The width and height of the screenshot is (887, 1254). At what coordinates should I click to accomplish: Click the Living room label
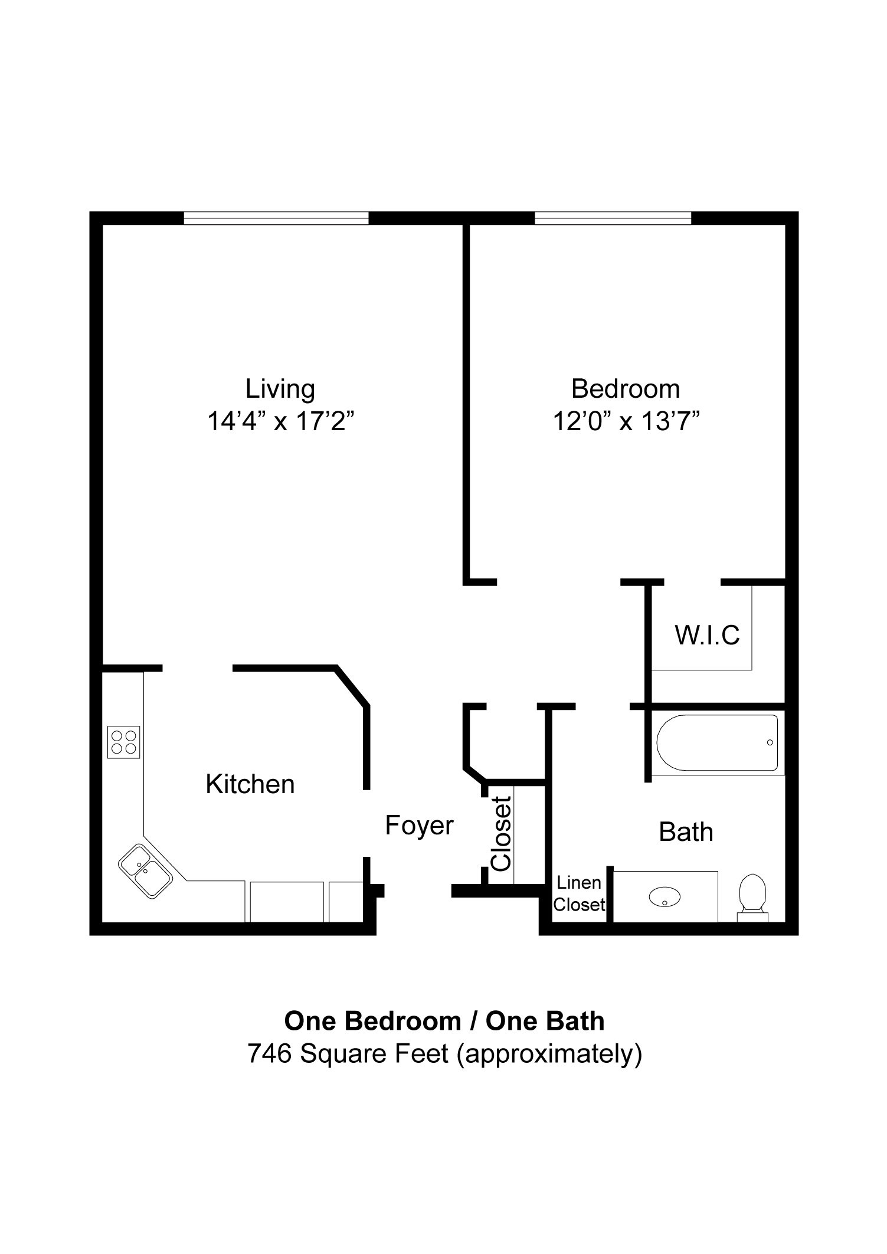pos(280,389)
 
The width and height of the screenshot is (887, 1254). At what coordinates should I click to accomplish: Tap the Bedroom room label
pos(626,389)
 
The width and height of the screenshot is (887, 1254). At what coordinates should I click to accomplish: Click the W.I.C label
pos(707,636)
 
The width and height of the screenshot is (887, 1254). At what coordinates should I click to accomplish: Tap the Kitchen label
pos(250,784)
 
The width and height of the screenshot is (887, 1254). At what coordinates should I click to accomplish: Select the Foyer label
pos(419,825)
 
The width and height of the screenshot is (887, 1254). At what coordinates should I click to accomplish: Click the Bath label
pos(686,832)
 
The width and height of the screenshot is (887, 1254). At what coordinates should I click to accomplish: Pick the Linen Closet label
pos(579,893)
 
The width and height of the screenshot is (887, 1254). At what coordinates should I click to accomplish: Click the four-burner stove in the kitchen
pos(124,742)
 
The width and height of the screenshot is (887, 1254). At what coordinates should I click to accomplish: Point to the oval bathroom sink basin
pos(665,898)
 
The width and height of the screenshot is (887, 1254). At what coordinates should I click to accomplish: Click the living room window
pos(276,218)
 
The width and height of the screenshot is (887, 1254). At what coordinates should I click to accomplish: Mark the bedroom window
pos(613,218)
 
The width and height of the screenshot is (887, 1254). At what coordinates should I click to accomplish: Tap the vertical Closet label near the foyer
pos(501,833)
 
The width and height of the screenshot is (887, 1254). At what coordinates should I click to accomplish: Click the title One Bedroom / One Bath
pos(444,1020)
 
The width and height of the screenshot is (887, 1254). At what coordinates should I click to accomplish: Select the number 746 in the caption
pos(270,1053)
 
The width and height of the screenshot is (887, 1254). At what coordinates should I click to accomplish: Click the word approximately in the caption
pos(549,1053)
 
